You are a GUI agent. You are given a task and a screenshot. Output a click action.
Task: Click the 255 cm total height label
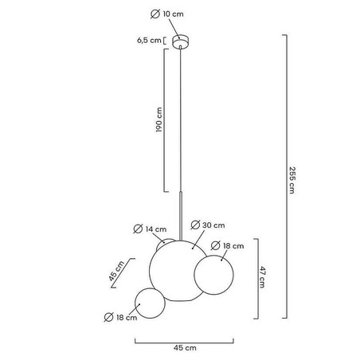click(292, 180)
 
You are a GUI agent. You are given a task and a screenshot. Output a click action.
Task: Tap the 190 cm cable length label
click(158, 119)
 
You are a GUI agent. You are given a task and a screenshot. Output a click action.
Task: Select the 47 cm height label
click(262, 277)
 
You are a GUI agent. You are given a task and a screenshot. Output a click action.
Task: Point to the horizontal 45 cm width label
click(185, 348)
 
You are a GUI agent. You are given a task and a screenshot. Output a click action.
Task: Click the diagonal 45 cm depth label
click(116, 271)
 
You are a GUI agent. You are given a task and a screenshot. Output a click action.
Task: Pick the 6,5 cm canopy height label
click(149, 41)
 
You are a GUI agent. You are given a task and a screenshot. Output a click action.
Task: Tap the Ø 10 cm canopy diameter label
click(167, 14)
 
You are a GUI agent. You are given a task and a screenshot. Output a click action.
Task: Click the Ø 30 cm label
click(208, 225)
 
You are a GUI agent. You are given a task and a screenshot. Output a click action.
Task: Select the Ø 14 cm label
click(150, 229)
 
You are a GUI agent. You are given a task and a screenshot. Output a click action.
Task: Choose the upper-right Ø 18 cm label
click(227, 246)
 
